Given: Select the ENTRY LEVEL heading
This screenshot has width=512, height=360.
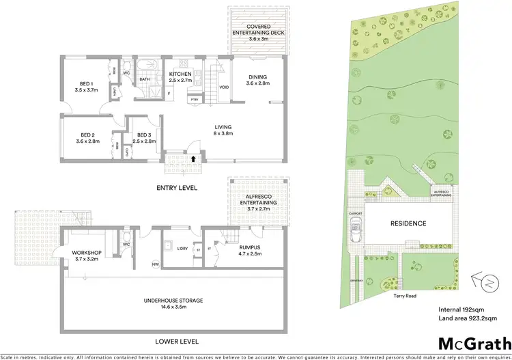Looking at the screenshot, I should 176,186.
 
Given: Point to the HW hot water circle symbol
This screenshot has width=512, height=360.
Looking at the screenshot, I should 156,265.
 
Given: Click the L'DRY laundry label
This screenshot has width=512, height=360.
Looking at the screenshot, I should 182,249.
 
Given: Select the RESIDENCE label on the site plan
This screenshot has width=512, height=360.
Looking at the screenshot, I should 408,223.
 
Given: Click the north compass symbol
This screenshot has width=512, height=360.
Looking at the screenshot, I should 483,281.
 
